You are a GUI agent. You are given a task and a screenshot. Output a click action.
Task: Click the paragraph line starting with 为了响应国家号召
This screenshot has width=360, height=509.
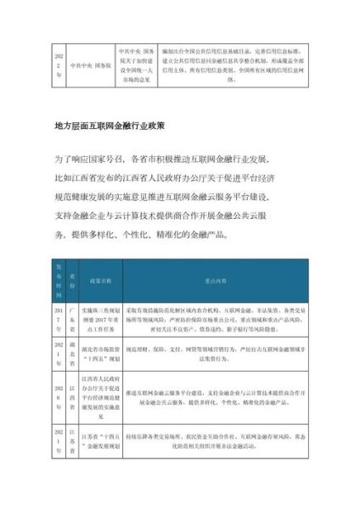(x=179, y=159)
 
